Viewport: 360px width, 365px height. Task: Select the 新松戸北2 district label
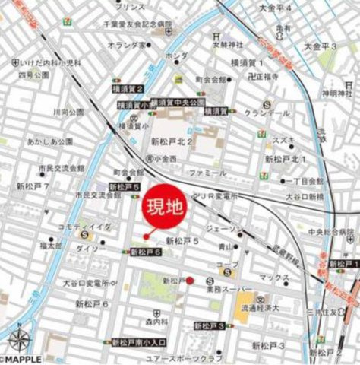point(172,140)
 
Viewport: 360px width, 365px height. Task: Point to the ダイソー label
point(91,248)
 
